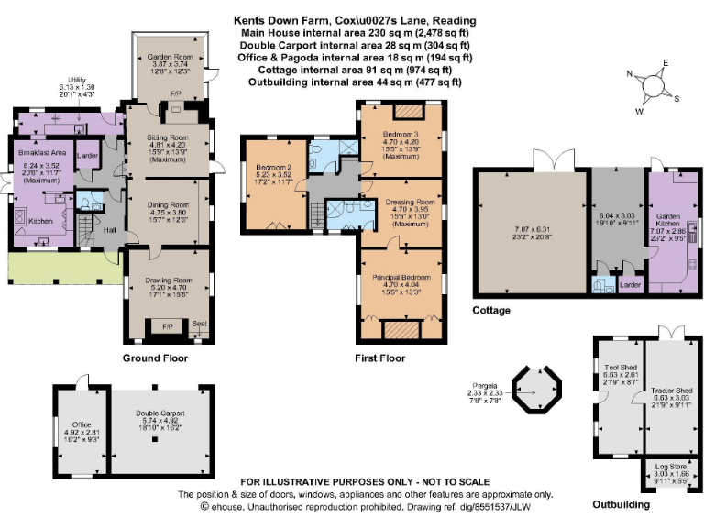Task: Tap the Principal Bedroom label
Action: pyautogui.click(x=401, y=276)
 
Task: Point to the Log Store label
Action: pyautogui.click(x=671, y=467)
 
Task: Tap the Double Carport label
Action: pyautogui.click(x=154, y=414)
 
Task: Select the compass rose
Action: pyautogui.click(x=654, y=84)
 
